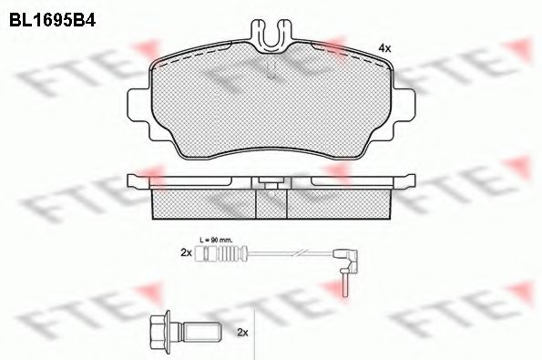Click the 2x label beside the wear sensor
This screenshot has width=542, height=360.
tap(186, 253)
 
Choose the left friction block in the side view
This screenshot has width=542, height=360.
tap(200, 204)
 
